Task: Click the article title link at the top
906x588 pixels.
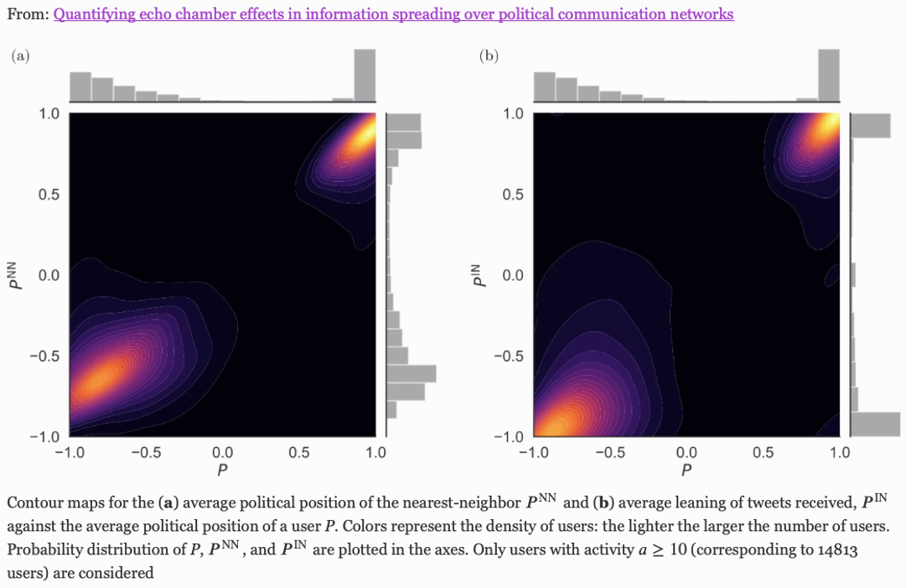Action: [393, 14]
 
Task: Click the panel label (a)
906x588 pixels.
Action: [20, 56]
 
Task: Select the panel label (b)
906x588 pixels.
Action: [489, 56]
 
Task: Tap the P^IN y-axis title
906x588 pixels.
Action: [479, 274]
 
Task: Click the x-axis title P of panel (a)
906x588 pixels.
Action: [222, 470]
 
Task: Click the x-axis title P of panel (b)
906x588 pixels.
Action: [686, 470]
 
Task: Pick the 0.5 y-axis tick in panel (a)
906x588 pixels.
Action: [50, 195]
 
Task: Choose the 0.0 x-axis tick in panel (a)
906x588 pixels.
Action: [222, 453]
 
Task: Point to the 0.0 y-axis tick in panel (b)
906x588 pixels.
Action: [513, 275]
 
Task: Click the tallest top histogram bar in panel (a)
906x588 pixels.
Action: [365, 76]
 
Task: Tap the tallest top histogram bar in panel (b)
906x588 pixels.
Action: [828, 76]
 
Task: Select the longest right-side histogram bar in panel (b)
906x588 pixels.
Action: [876, 424]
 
